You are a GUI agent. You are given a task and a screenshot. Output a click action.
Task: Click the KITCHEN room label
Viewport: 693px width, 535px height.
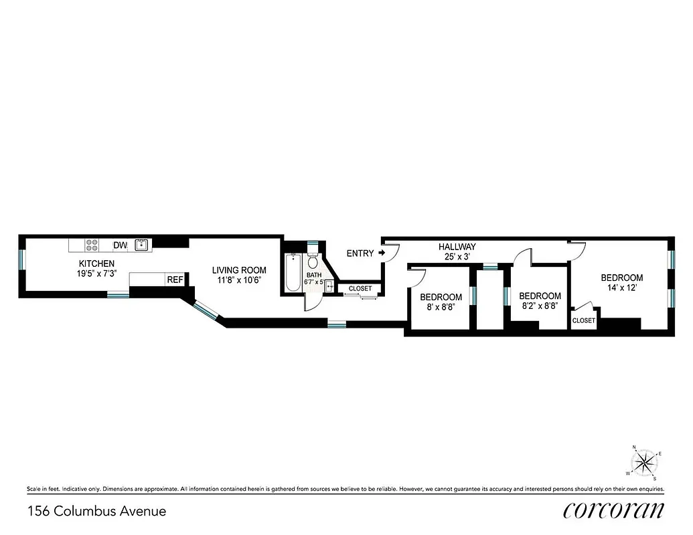(x=97, y=263)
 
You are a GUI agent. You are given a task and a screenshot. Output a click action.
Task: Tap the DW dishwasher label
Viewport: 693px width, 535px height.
(x=120, y=245)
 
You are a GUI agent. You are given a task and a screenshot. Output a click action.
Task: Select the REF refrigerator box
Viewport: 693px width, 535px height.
(x=175, y=280)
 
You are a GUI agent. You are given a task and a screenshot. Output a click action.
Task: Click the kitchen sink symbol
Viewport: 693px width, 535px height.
(x=141, y=245)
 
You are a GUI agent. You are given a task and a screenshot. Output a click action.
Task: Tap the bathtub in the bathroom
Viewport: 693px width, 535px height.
(x=292, y=273)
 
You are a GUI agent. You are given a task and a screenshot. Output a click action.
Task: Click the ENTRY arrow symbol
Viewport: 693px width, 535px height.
(x=382, y=253)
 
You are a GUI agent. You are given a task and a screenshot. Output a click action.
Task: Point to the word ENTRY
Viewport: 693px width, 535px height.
(x=360, y=253)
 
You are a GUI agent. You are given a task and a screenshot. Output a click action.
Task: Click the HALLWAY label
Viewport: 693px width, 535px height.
(x=457, y=247)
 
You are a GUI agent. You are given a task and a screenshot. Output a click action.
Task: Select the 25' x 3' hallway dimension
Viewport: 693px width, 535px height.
(x=457, y=256)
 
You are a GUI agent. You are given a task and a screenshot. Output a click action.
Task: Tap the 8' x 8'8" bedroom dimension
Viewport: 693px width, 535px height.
(x=441, y=308)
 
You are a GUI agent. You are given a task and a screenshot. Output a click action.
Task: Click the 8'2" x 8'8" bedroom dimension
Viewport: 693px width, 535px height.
(x=540, y=306)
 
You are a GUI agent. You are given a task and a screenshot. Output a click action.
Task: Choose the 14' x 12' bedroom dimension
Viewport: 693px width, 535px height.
(x=621, y=288)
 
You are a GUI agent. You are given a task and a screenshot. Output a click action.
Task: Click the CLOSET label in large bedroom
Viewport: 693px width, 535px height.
(x=584, y=321)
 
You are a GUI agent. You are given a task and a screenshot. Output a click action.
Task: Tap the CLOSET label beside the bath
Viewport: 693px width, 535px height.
(x=360, y=289)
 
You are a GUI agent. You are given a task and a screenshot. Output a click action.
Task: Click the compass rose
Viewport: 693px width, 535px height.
(x=645, y=461)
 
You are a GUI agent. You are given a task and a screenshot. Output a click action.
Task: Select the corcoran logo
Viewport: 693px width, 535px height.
(x=614, y=510)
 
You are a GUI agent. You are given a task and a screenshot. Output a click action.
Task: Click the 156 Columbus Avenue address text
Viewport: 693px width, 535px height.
(x=96, y=512)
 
